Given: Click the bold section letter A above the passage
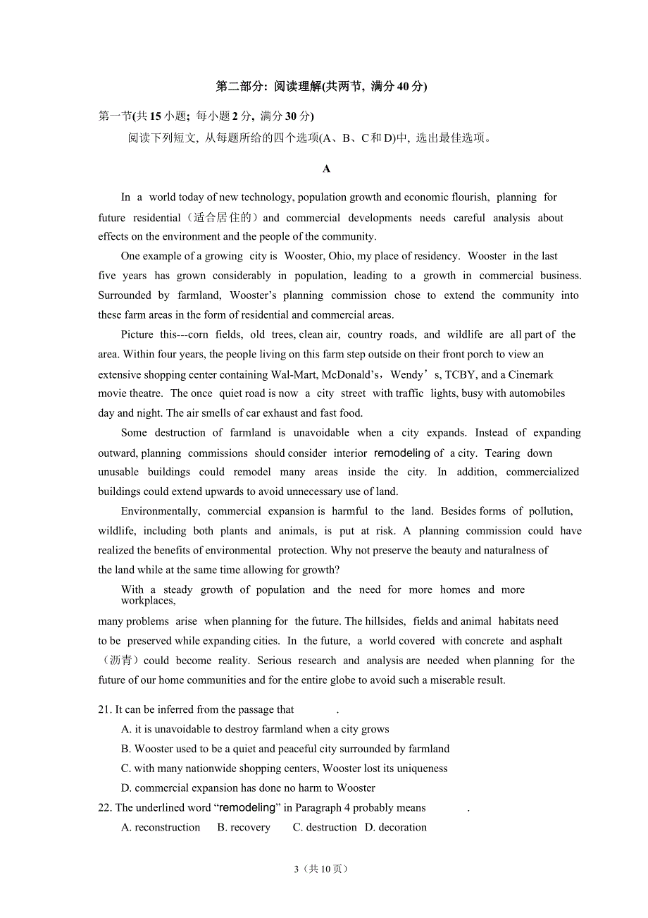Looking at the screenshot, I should [326, 169].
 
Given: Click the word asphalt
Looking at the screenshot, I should [546, 641].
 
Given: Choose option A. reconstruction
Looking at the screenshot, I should [161, 828].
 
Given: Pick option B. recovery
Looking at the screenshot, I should [244, 828].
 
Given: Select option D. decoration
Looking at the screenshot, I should [396, 828].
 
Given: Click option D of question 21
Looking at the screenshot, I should [248, 788].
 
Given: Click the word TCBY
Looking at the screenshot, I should [461, 374].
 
